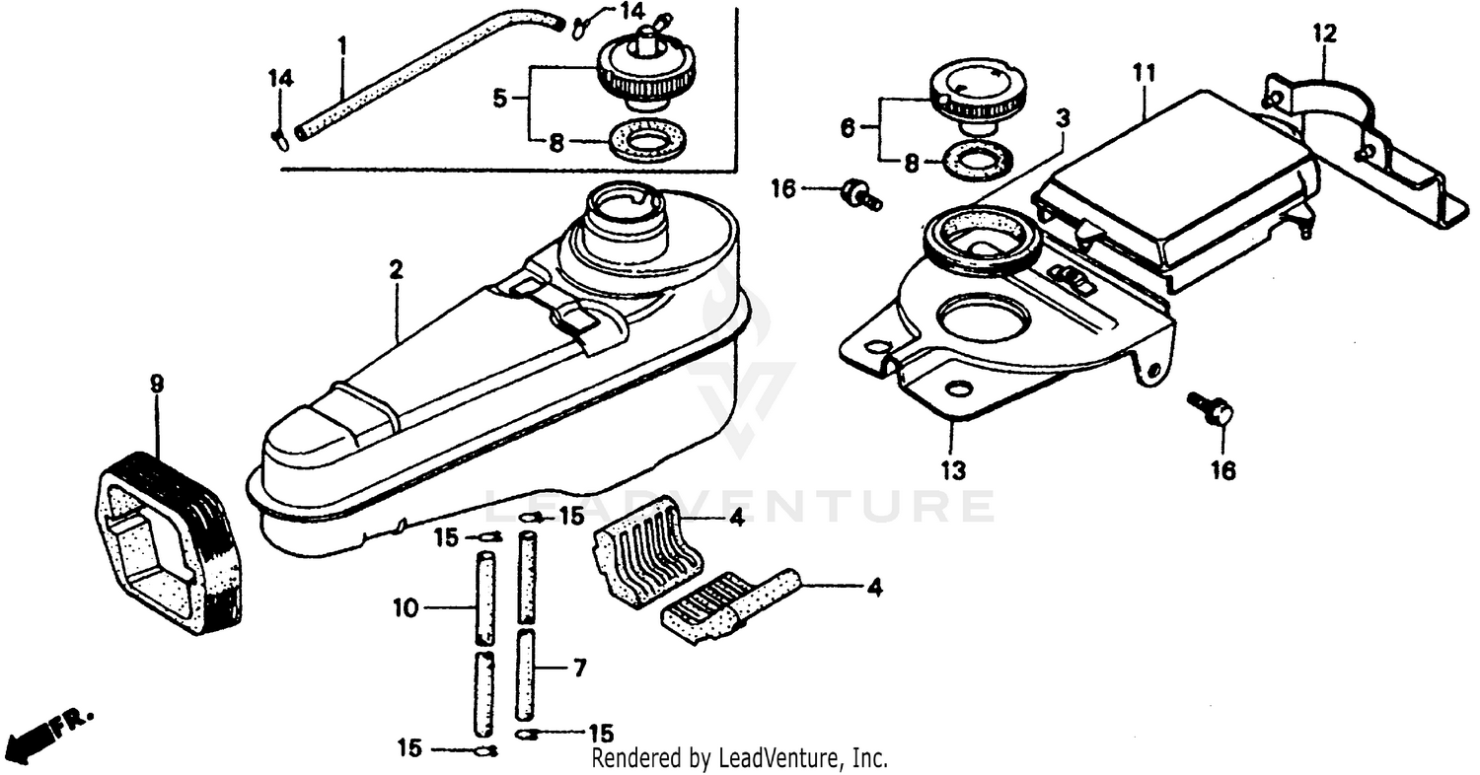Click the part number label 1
(x=341, y=45)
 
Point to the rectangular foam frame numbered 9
(x=168, y=542)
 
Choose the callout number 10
(x=407, y=609)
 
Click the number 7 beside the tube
(x=579, y=669)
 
